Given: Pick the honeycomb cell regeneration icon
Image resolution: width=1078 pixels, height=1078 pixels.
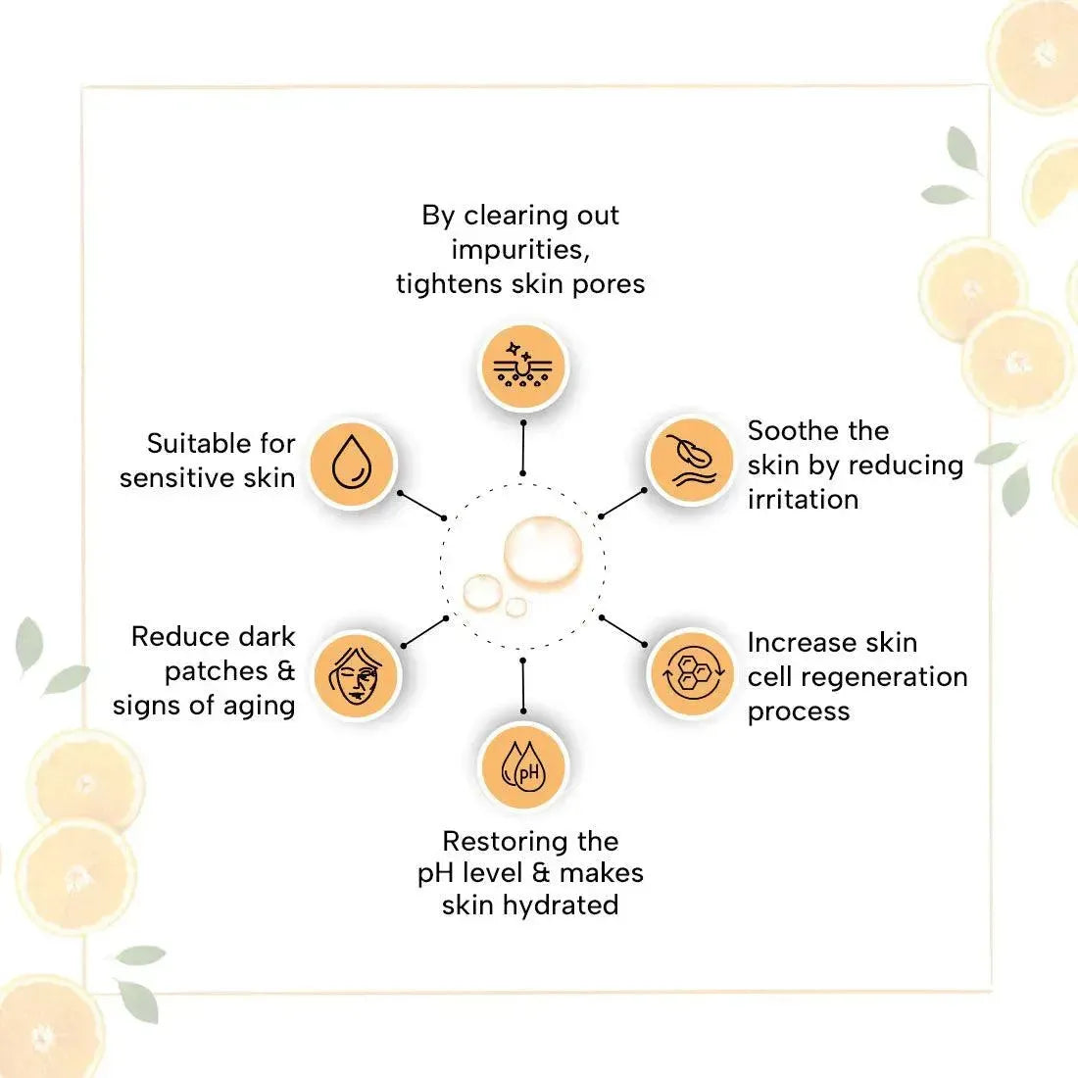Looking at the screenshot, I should pyautogui.click(x=692, y=675).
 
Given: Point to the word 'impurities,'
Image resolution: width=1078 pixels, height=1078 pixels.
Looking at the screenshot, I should pyautogui.click(x=520, y=250).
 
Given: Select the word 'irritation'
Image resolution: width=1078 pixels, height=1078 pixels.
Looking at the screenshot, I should pyautogui.click(x=803, y=499).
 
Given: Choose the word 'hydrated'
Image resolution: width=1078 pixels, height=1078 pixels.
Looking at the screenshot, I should pyautogui.click(x=561, y=905).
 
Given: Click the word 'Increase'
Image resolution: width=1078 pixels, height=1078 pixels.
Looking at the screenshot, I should pyautogui.click(x=798, y=643).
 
